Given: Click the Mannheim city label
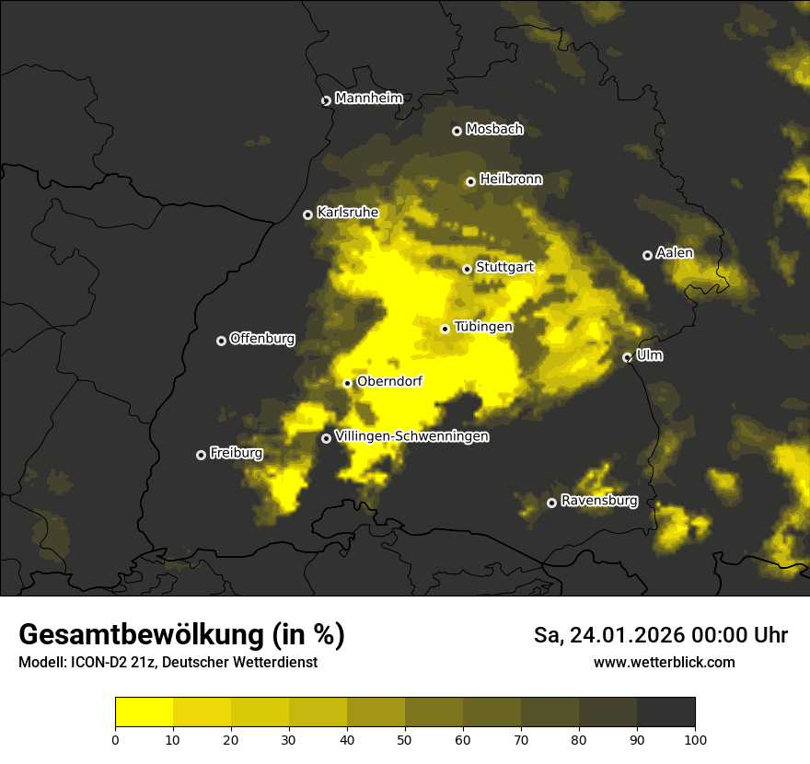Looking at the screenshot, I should click(x=368, y=98).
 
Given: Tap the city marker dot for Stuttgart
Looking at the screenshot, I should click(x=467, y=269).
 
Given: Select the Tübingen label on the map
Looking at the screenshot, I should click(x=483, y=327).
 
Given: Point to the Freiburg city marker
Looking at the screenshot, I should click(x=201, y=455).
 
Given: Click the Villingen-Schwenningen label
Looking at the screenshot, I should click(x=411, y=436).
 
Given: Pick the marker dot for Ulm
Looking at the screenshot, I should click(x=627, y=357).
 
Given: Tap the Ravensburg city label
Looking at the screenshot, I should click(x=598, y=501).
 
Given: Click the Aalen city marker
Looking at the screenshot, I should click(x=647, y=255).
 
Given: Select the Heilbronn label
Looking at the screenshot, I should click(x=511, y=179).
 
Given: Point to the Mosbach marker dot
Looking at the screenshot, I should click(x=457, y=131).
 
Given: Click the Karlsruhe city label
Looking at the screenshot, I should click(x=347, y=213).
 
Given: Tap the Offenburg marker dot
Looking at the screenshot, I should click(x=221, y=341).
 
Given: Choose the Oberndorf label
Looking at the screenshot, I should click(x=388, y=381).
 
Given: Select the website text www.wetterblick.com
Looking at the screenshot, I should click(x=664, y=663).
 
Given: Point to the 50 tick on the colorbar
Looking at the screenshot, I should click(x=405, y=739).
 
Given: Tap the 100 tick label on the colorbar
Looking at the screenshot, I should click(x=695, y=739).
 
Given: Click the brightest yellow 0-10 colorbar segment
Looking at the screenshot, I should click(x=144, y=712).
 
